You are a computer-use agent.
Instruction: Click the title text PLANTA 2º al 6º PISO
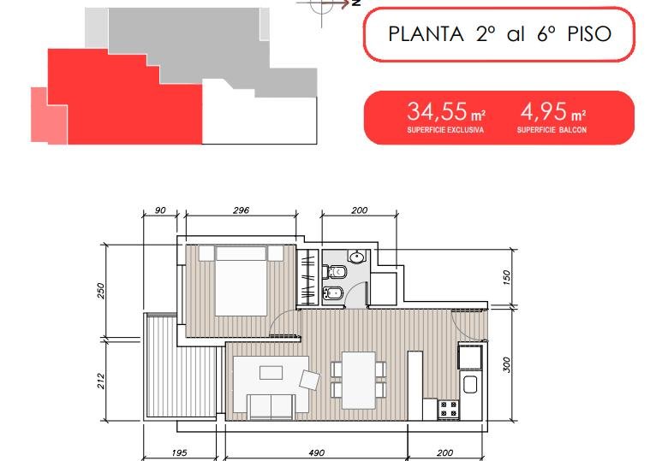[x=500, y=34]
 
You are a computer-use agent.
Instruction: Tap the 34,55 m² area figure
[x=446, y=111]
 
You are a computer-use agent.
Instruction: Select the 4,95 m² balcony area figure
[x=553, y=111]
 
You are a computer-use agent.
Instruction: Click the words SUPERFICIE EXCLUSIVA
[x=445, y=130]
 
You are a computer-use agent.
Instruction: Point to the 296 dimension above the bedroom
[x=242, y=210]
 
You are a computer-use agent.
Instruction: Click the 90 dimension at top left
[x=160, y=210]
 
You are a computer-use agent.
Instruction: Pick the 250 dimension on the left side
[x=101, y=291]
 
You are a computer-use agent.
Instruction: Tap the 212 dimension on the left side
[x=101, y=381]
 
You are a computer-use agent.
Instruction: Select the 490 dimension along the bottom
[x=316, y=453]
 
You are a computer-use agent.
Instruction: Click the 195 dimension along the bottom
[x=179, y=453]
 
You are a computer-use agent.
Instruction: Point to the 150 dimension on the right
[x=506, y=278]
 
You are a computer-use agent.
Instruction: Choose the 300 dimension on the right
[x=506, y=364]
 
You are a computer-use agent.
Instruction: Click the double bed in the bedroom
[x=242, y=281]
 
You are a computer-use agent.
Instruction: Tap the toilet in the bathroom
[x=335, y=271]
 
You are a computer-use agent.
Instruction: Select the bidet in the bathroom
[x=334, y=293]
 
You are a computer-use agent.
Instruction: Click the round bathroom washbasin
[x=356, y=257]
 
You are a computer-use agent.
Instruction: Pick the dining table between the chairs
[x=359, y=381]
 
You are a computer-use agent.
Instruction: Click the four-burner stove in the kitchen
[x=449, y=409]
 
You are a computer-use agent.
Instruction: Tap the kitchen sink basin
[x=469, y=385]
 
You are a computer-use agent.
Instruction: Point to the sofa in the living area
[x=271, y=406]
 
